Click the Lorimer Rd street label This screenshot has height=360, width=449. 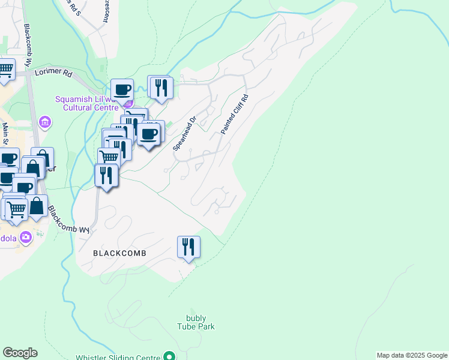click(53, 71)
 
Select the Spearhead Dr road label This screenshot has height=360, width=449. click(185, 133)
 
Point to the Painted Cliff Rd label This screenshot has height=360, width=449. click(234, 113)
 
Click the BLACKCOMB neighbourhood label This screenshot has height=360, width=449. click(120, 254)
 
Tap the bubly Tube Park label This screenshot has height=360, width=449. click(196, 322)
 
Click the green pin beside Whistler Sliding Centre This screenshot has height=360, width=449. click(170, 356)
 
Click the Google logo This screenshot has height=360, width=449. click(20, 353)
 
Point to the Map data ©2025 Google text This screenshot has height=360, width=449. click(411, 355)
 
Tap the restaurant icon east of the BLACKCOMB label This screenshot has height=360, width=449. click(188, 247)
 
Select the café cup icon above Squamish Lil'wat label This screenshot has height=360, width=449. click(122, 89)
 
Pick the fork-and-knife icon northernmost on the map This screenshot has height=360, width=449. click(161, 87)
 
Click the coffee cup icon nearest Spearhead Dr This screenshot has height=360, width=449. click(149, 133)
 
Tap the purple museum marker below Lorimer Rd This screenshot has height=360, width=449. click(43, 123)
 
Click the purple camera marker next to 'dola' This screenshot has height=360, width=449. click(25, 237)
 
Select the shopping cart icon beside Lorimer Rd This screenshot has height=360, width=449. click(5, 69)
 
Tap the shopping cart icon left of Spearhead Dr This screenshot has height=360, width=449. click(108, 157)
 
